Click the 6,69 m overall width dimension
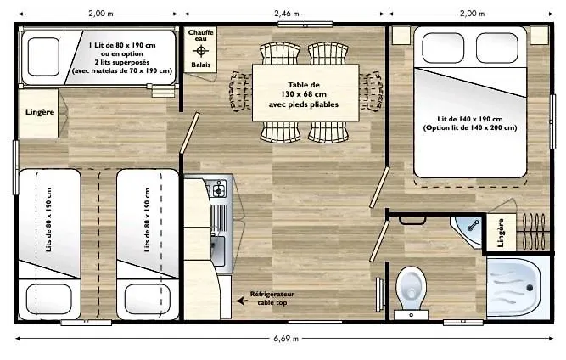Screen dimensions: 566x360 coord(286,339)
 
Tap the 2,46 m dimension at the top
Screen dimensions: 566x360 coord(287,14)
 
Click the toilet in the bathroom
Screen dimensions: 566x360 coord(411,292)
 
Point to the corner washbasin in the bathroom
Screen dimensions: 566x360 coord(468,230)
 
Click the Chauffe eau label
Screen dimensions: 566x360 coord(201,35)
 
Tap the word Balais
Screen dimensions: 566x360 coord(201,65)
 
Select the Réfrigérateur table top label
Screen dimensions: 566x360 coord(272,298)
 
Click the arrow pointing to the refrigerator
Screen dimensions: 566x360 coord(242,300)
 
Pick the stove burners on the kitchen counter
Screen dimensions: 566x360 coord(217,188)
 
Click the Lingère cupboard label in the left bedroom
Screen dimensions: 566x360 coord(40,112)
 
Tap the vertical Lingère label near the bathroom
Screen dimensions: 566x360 coord(501,233)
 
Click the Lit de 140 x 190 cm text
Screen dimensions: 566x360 coord(469,119)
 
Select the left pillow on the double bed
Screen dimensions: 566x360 coord(443,48)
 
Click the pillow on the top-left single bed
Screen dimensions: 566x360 coord(43,57)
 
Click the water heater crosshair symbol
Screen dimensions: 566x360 coord(201,51)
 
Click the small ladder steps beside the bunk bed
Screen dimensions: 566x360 coord(162,90)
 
